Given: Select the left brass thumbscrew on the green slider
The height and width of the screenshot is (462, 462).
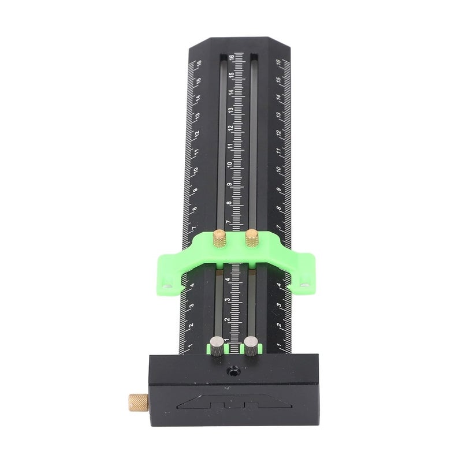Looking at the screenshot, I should point(219,237).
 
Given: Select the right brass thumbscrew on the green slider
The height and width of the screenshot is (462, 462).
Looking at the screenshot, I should point(252,237).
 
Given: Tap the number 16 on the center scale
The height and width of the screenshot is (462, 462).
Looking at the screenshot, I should point(231,58).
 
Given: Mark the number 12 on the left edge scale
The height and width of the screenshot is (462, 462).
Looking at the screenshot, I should point(197,134).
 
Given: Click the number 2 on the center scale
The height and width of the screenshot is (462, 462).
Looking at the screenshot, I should point(228,318).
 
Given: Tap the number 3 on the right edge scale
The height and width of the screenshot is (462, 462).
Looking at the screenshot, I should point(280,307).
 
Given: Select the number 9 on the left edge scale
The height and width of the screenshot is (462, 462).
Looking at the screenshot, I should point(195,190).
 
